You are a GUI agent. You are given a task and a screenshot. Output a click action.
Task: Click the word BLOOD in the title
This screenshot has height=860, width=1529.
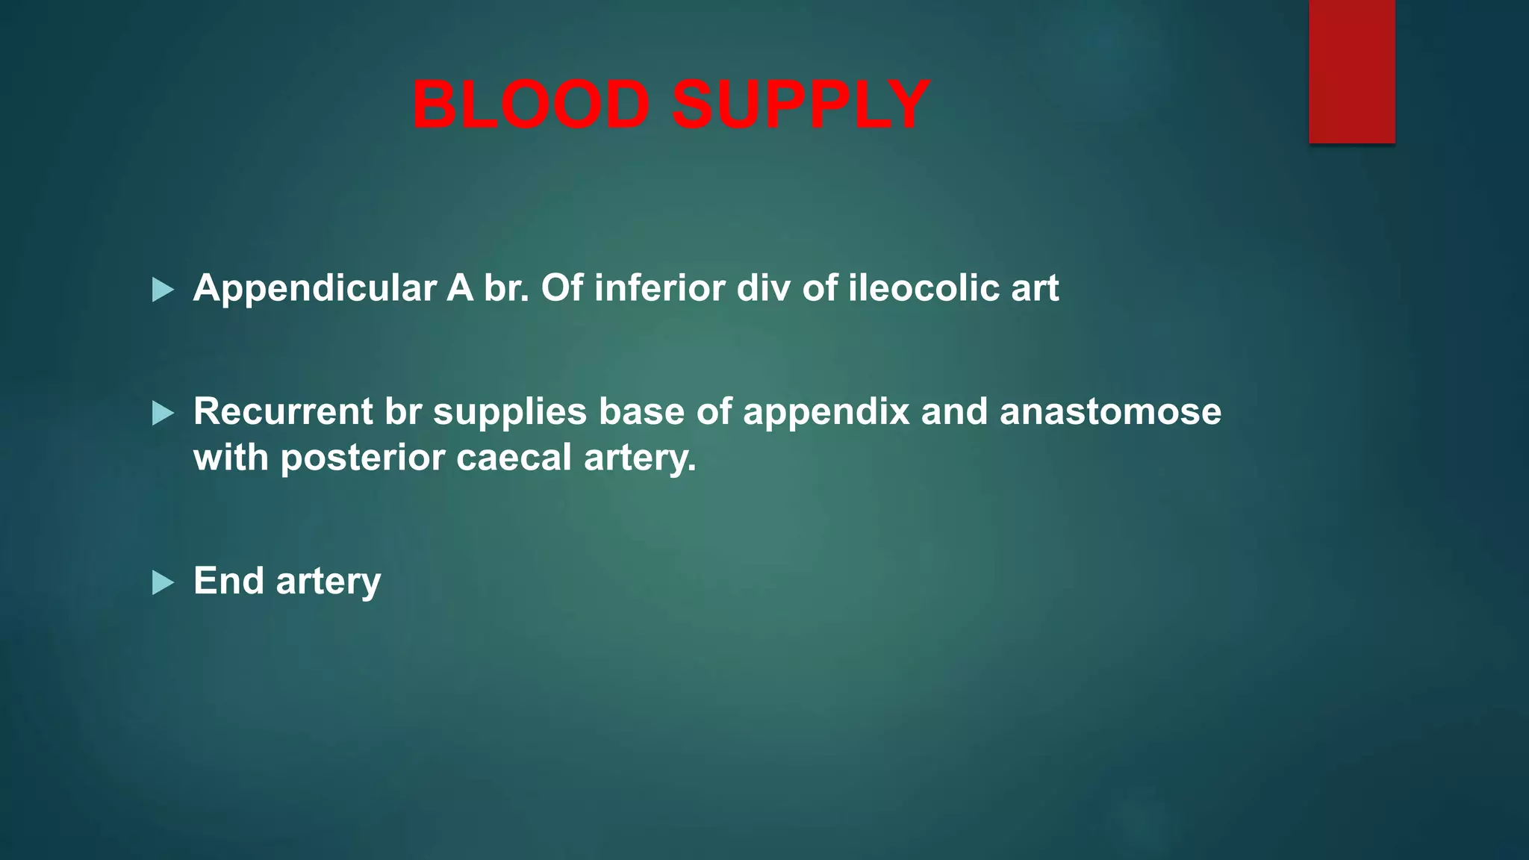click(531, 105)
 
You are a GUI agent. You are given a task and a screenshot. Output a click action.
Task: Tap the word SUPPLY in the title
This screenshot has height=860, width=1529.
click(800, 105)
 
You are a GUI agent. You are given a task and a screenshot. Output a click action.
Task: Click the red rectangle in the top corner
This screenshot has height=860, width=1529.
click(1351, 71)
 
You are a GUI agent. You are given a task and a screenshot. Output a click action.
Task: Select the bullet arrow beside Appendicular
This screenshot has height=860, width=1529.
click(162, 290)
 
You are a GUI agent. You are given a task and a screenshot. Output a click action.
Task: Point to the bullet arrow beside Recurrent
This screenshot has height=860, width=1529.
click(162, 413)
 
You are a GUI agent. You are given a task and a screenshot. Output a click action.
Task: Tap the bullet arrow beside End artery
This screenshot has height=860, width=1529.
click(162, 582)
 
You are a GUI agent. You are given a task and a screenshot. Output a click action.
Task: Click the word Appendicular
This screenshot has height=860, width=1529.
click(314, 289)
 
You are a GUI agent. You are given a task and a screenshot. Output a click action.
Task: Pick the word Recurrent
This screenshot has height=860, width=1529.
click(283, 411)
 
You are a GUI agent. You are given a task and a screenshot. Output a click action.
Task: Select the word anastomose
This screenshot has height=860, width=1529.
click(1110, 412)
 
